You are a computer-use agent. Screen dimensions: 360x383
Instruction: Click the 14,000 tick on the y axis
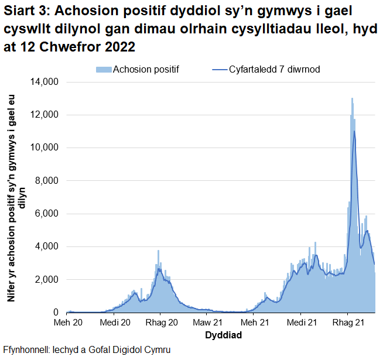pyautogui.click(x=43, y=82)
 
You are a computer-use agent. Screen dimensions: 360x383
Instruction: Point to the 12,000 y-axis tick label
pyautogui.click(x=43, y=115)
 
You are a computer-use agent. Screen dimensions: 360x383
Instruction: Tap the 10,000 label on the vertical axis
pyautogui.click(x=43, y=148)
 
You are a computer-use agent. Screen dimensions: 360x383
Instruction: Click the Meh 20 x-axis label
pyautogui.click(x=69, y=323)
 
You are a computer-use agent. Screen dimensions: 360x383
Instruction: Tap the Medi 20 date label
pyautogui.click(x=115, y=323)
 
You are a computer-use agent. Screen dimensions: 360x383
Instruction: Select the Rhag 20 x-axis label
pyautogui.click(x=161, y=323)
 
